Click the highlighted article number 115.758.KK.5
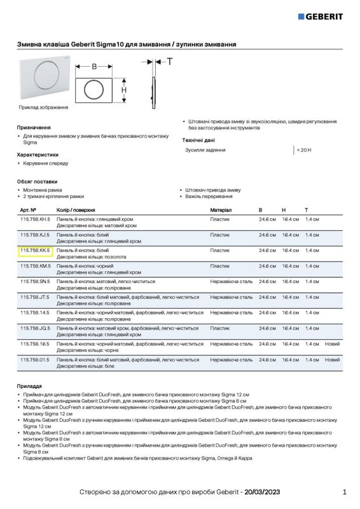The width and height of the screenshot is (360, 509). pyautogui.click(x=35, y=251)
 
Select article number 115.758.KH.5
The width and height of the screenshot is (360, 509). pyautogui.click(x=35, y=219)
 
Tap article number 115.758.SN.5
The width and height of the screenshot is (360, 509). pyautogui.click(x=35, y=281)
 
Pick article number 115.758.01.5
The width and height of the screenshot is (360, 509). pyautogui.click(x=35, y=359)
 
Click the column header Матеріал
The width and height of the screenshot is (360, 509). pyautogui.click(x=221, y=209)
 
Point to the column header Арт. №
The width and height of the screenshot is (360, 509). pyautogui.click(x=28, y=209)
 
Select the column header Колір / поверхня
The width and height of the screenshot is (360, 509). pyautogui.click(x=76, y=209)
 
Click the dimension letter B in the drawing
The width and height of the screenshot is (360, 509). pyautogui.click(x=94, y=66)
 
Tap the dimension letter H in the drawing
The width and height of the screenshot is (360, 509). pyautogui.click(x=124, y=90)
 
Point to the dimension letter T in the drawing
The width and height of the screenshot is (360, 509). pyautogui.click(x=169, y=61)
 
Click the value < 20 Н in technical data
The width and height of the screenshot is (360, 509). pyautogui.click(x=303, y=150)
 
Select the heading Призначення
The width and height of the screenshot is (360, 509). pyautogui.click(x=34, y=127)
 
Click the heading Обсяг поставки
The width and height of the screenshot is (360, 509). pyautogui.click(x=37, y=181)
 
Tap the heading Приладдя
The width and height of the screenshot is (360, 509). pyautogui.click(x=29, y=386)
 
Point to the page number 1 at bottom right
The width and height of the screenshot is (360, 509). pyautogui.click(x=344, y=492)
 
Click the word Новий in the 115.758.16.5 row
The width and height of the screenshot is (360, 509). pyautogui.click(x=332, y=344)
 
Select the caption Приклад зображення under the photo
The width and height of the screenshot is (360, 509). pyautogui.click(x=43, y=107)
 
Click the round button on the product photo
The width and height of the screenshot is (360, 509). pyautogui.click(x=46, y=77)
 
